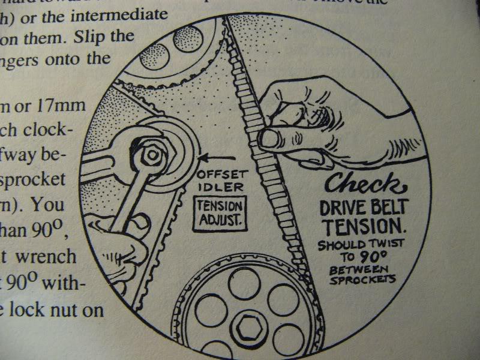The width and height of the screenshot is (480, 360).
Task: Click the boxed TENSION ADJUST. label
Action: (220, 213)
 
